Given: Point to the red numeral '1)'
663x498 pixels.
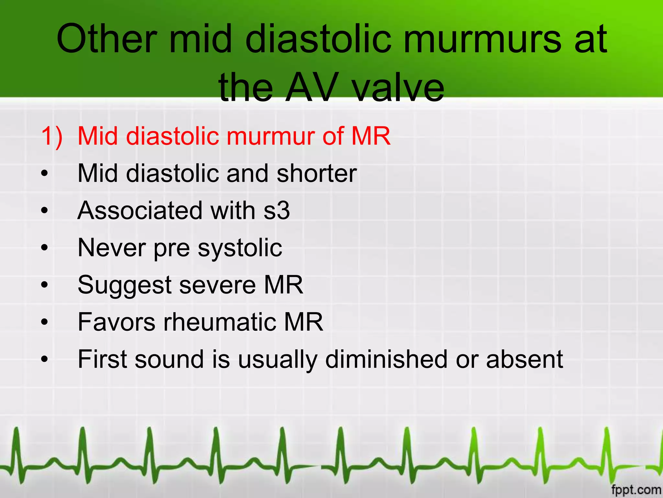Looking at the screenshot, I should pos(52,136).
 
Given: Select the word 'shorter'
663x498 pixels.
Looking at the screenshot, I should pos(317,173).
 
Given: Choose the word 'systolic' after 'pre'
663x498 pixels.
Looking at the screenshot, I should pos(240,248).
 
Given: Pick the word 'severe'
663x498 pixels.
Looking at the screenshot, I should pos(218,285).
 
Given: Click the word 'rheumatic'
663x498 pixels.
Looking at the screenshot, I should pos(220,322).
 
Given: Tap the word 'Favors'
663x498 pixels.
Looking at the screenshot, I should pos(117,322).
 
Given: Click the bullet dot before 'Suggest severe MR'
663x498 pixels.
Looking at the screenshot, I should pos(44,285).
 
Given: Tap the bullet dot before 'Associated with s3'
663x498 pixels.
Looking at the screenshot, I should pos(44,211).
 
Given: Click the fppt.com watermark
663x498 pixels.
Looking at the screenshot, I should pos(636,490).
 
